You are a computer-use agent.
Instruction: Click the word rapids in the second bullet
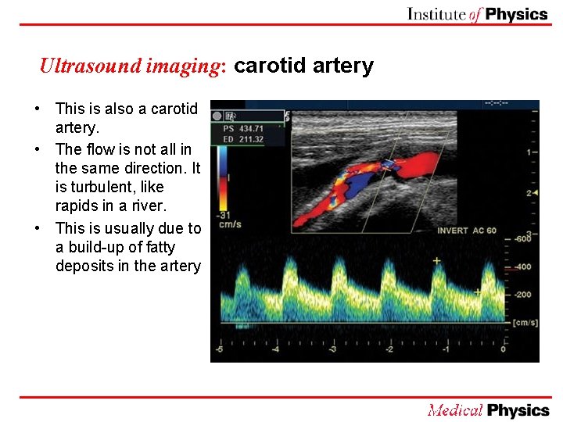point(77,206)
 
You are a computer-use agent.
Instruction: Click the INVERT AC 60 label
point(467,231)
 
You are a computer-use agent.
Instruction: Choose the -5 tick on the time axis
point(220,349)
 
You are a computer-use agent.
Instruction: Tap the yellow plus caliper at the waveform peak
point(436,260)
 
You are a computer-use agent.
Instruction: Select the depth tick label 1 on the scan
point(529,151)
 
